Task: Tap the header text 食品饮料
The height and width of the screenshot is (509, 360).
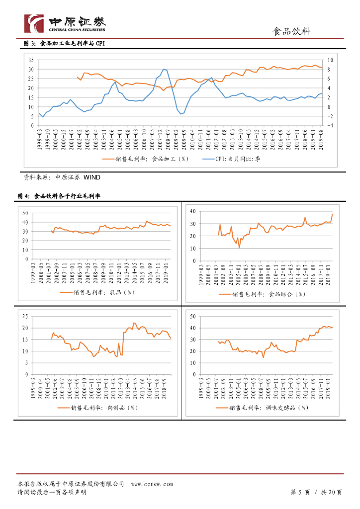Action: [x=292, y=32]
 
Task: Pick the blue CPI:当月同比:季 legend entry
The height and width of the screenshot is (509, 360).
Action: [x=238, y=159]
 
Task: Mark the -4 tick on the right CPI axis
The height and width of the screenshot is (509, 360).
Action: [x=329, y=125]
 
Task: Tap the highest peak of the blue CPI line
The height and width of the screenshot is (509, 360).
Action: [x=163, y=69]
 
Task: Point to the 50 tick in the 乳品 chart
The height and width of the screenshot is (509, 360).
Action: [x=25, y=213]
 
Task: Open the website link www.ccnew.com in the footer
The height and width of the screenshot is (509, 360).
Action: [x=152, y=484]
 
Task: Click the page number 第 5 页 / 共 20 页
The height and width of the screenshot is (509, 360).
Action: [x=316, y=492]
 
